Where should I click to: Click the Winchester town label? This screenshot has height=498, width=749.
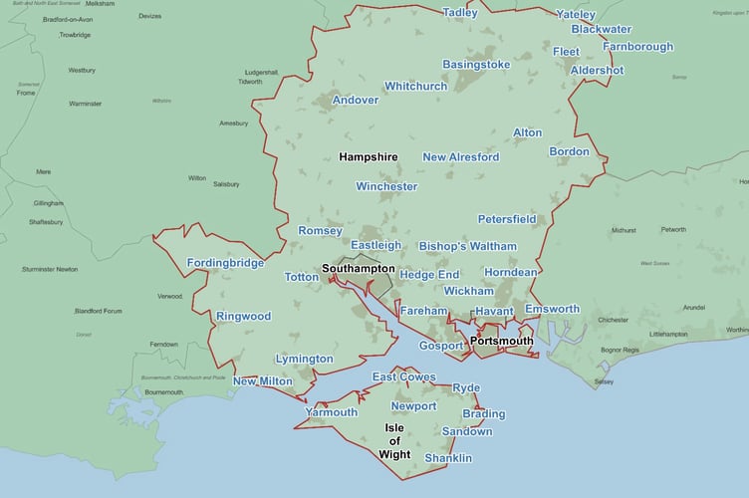pos(386,186)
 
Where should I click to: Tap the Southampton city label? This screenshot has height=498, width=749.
pos(358,269)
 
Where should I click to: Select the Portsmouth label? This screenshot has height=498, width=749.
pos(501,341)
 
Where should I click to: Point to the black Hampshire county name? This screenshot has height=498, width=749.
pos(368,157)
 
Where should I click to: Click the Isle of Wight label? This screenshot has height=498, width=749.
pos(394,440)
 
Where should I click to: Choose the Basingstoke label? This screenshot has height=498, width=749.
pos(476,65)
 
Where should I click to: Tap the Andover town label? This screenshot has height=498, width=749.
pos(355,101)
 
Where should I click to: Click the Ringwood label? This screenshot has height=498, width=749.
pos(243,317)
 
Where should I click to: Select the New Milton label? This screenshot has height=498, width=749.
pos(263,381)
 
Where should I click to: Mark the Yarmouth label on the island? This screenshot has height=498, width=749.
pos(331,412)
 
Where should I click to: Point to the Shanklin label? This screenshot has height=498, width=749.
pos(448,458)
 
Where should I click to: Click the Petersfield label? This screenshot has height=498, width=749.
pos(507,218)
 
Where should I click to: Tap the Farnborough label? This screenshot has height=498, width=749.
pos(637,47)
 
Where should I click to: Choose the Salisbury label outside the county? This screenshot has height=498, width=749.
pos(226,184)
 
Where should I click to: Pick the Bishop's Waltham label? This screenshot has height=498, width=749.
pos(467,246)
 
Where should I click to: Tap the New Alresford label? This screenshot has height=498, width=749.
pos(460,157)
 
